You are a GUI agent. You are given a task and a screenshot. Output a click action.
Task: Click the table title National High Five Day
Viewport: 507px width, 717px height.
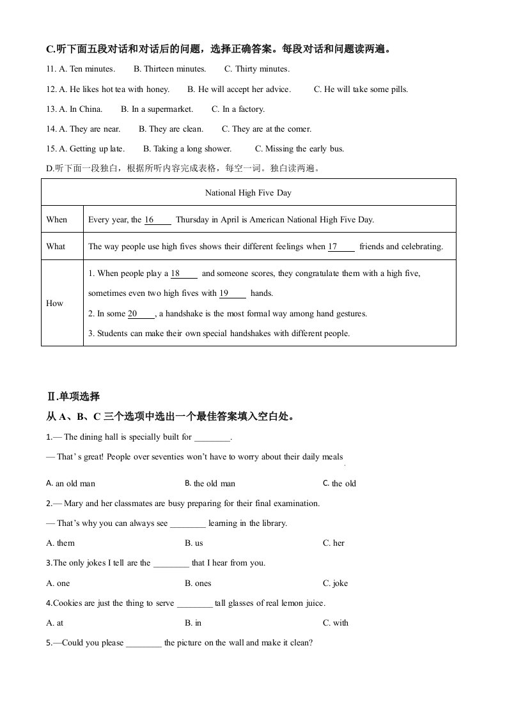click(x=248, y=192)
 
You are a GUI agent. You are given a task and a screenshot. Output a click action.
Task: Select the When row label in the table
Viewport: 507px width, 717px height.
click(x=56, y=220)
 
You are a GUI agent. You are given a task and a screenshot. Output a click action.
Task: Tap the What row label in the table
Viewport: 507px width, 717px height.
click(x=56, y=247)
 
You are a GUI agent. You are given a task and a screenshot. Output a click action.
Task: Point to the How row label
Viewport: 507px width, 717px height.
click(x=55, y=304)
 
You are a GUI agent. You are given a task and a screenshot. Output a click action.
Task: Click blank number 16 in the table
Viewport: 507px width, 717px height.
click(x=157, y=220)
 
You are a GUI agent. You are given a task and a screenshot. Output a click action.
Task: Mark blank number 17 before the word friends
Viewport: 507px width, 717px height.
click(x=341, y=247)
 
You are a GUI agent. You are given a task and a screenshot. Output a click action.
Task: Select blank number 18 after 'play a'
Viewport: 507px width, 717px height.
click(x=184, y=274)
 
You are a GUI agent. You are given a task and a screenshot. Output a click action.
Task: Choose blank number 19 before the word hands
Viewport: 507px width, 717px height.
click(x=232, y=294)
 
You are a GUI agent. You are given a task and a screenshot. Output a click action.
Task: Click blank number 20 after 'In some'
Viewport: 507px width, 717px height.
click(x=141, y=314)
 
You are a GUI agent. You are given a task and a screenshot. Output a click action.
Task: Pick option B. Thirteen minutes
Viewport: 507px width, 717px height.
click(x=169, y=69)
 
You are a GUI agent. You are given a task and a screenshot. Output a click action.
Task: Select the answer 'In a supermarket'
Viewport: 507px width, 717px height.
click(x=157, y=109)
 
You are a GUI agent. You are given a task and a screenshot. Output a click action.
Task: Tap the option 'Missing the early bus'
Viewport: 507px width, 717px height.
click(x=299, y=149)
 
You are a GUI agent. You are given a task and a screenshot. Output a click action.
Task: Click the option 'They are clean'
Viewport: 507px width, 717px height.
click(x=171, y=129)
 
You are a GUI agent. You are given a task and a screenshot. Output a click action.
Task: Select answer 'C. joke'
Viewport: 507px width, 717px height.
click(x=335, y=583)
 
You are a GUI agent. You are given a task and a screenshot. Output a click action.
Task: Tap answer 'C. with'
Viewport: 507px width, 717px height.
click(x=336, y=623)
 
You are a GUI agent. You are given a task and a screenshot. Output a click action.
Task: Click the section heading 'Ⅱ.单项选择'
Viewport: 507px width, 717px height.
click(x=73, y=397)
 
